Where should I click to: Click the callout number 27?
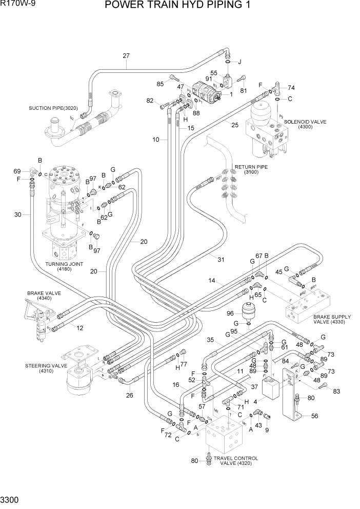(x=127, y=56)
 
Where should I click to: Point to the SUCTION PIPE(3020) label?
(x=53, y=108)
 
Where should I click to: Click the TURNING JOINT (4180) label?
(x=64, y=266)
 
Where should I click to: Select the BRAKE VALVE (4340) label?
(x=44, y=296)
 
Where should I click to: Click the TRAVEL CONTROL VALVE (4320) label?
(x=236, y=461)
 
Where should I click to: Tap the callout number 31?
(x=221, y=260)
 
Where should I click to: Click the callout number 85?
(x=160, y=84)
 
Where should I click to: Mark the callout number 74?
(x=291, y=87)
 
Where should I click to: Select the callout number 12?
(x=80, y=328)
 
